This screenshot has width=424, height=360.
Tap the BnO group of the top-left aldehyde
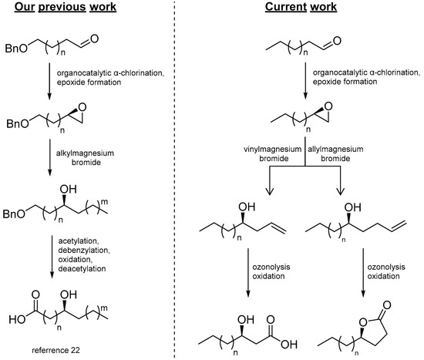pos(21,56)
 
